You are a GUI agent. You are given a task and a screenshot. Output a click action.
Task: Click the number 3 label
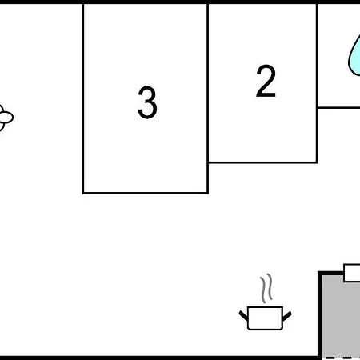[x=147, y=102]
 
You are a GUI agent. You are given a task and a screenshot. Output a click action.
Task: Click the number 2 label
[x=266, y=81]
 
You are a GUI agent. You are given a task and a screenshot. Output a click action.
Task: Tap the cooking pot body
[x=265, y=318]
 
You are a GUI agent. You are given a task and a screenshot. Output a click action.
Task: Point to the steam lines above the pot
[x=266, y=288]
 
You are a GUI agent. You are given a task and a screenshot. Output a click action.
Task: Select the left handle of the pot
[x=243, y=315]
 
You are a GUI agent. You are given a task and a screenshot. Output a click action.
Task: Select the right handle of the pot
[x=287, y=316]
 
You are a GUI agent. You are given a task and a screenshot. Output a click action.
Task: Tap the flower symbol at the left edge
[x=6, y=118]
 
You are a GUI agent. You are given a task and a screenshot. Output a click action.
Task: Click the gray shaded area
[x=341, y=318]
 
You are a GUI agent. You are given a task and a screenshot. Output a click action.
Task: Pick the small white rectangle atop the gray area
[x=352, y=273]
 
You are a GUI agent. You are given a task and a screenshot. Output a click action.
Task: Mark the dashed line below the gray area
[x=342, y=358]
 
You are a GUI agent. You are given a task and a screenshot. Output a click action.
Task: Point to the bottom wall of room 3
[x=146, y=193]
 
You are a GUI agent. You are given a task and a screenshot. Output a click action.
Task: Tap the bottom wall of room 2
[x=262, y=162]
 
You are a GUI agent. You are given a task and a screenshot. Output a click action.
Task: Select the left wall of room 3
[x=83, y=98]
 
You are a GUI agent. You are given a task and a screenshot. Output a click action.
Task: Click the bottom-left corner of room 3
[x=83, y=193]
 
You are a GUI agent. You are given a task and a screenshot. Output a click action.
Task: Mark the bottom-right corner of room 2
[x=317, y=162]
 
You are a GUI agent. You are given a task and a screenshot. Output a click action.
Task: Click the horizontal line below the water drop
[x=338, y=107]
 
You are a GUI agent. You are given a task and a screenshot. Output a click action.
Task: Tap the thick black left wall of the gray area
[x=320, y=314]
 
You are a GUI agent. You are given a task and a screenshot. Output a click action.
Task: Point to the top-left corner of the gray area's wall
[x=319, y=273]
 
